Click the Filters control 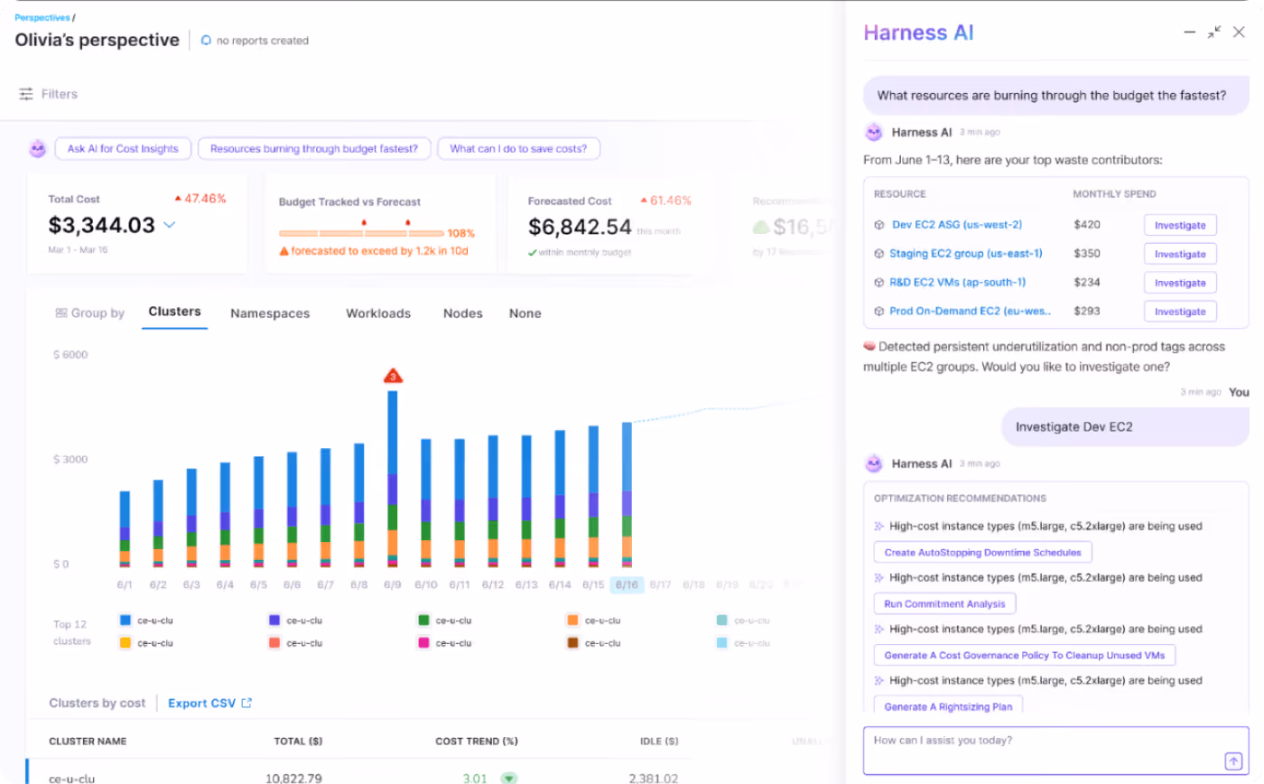tap(49, 94)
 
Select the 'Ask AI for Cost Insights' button tap(123, 149)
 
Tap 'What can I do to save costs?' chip tap(518, 149)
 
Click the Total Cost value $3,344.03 tap(102, 225)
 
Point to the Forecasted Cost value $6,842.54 tap(580, 227)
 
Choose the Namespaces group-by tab tap(270, 313)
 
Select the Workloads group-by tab tap(378, 313)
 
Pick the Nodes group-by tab tap(462, 313)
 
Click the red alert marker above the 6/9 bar tap(393, 376)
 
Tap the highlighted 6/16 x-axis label tap(627, 585)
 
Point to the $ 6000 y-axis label tap(70, 355)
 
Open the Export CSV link tap(209, 704)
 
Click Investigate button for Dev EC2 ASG tap(1180, 225)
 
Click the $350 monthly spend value tap(1087, 254)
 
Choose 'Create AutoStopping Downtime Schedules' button tap(982, 552)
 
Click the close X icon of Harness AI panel tap(1239, 33)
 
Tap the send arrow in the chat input tap(1233, 761)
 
